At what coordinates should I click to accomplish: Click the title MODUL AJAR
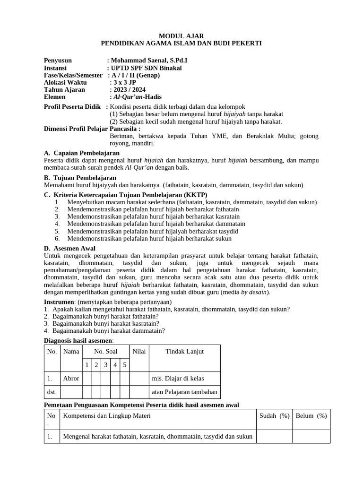click(x=181, y=36)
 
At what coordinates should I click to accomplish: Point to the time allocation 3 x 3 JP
click(x=123, y=83)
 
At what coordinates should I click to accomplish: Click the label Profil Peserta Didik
click(x=73, y=107)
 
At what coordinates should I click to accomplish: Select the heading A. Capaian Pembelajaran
click(x=82, y=153)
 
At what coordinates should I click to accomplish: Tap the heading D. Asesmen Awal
click(x=69, y=248)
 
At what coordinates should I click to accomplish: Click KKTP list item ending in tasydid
click(x=153, y=232)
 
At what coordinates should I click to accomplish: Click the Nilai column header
click(x=139, y=352)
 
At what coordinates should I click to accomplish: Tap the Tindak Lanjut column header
click(x=184, y=352)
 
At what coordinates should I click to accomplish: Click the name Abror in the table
click(x=71, y=379)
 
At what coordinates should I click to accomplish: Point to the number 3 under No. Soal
click(x=105, y=365)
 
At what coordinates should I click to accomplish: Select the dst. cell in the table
click(x=52, y=392)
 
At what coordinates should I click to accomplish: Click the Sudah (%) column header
click(x=274, y=416)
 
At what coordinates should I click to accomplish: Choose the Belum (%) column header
click(x=311, y=416)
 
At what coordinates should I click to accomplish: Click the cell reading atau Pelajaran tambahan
click(x=184, y=392)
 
